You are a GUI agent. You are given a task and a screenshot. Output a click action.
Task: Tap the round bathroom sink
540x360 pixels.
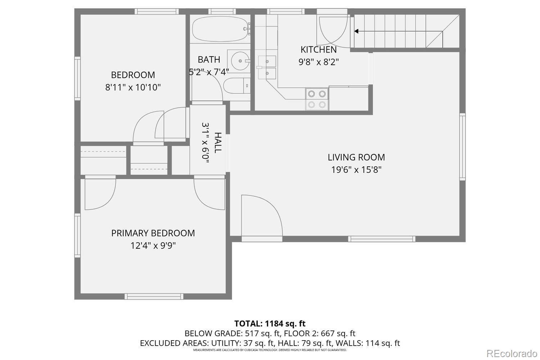click(239, 60)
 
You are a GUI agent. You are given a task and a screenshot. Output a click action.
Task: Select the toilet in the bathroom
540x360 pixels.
click(235, 86)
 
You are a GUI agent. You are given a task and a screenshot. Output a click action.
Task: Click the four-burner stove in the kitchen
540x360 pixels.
click(317, 99)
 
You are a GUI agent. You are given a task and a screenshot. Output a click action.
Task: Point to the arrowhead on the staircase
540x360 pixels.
click(356, 31)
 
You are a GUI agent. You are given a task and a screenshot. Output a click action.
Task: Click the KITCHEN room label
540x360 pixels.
click(319, 49)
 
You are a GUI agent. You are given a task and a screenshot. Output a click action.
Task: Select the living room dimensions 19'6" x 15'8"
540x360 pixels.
click(356, 170)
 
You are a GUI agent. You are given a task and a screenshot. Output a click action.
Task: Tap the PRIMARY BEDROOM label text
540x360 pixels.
click(153, 233)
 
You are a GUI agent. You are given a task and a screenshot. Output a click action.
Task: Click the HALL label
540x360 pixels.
click(217, 143)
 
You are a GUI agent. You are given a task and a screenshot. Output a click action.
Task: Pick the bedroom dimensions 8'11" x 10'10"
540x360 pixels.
click(133, 87)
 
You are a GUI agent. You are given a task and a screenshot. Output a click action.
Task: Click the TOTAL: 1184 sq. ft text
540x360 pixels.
click(270, 323)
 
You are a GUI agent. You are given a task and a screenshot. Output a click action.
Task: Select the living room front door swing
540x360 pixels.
click(261, 216)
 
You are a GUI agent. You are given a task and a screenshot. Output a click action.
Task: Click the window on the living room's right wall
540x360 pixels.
click(462, 147)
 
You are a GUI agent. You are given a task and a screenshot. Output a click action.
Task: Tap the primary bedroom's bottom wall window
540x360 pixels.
click(154, 296)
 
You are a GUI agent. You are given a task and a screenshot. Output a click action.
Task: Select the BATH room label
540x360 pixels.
click(209, 59)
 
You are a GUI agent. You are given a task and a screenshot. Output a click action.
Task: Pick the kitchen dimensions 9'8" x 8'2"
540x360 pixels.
click(319, 62)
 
